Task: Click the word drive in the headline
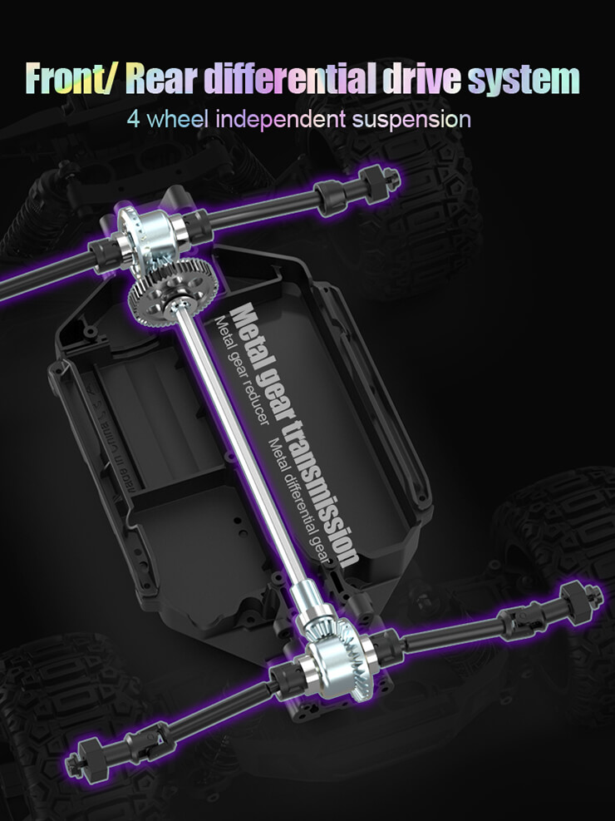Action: click(x=422, y=78)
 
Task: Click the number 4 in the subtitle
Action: click(x=133, y=120)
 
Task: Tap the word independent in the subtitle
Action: click(x=281, y=120)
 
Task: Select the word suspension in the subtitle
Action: click(x=411, y=121)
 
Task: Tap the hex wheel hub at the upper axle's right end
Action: click(x=380, y=181)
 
